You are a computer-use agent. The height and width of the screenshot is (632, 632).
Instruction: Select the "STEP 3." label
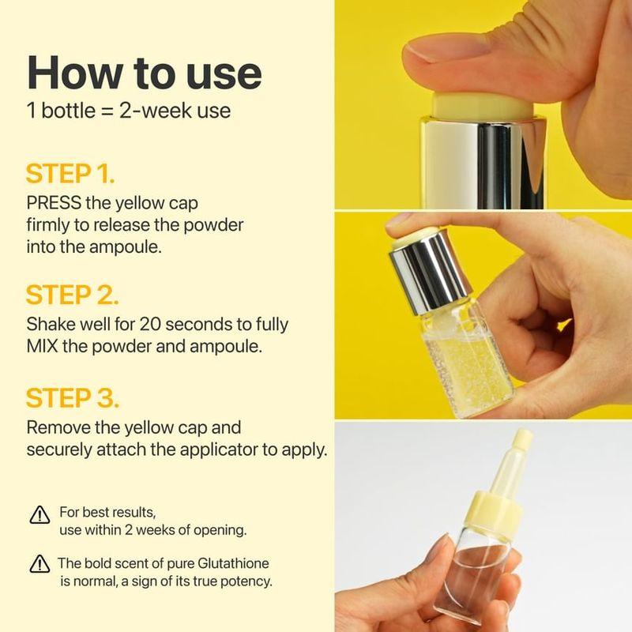coord(72,397)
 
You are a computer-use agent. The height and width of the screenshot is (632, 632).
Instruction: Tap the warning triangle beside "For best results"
coord(38,515)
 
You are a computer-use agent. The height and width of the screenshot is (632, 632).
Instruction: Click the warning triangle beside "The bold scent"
coord(38,565)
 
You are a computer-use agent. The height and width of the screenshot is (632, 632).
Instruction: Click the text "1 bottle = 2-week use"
coord(129,109)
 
